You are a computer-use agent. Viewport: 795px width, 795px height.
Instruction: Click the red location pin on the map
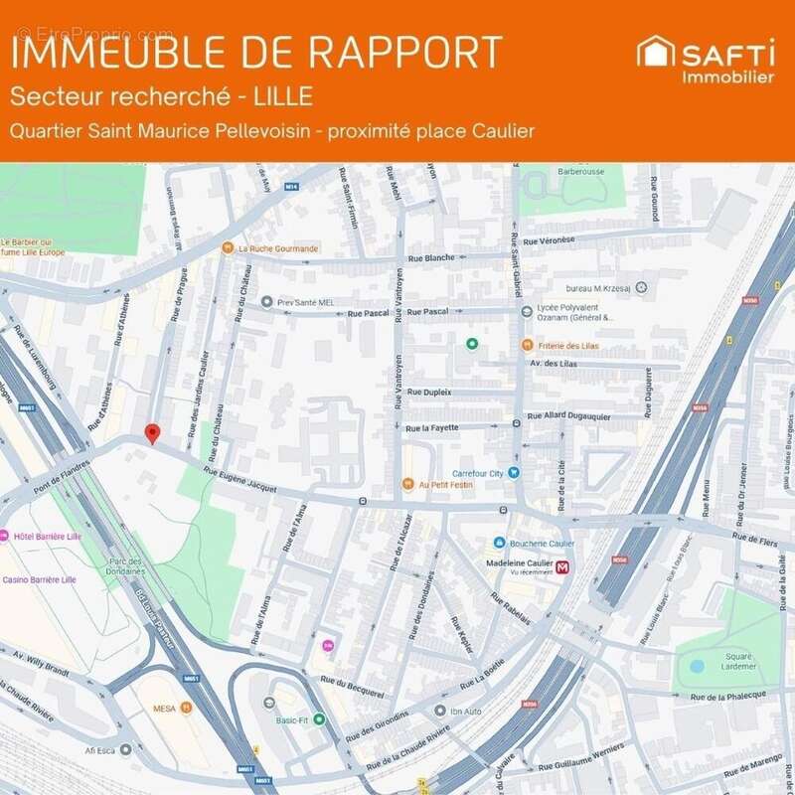[152, 433]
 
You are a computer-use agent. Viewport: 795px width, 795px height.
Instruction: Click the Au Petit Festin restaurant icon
[407, 485]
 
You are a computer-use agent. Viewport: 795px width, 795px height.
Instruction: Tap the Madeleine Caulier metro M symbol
[563, 568]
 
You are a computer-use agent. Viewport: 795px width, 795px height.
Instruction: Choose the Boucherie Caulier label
[542, 543]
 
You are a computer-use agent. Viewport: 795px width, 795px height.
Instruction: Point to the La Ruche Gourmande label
[278, 248]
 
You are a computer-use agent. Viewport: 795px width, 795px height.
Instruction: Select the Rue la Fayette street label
[436, 428]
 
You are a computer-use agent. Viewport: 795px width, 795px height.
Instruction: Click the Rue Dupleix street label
[429, 393]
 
